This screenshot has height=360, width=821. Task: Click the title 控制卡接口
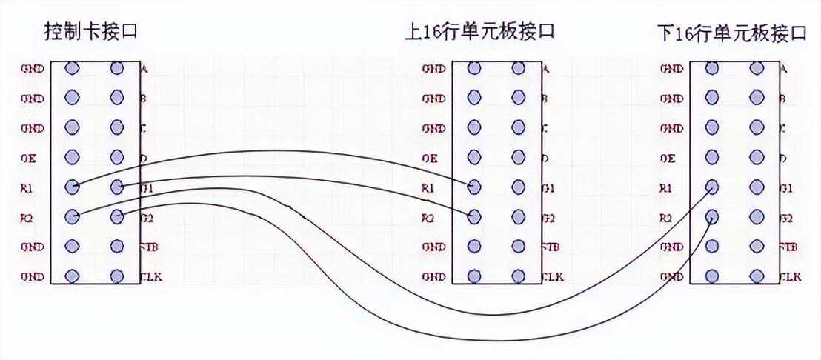click(91, 32)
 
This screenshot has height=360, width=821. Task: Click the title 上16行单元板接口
click(479, 32)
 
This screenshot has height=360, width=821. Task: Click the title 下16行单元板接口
click(731, 33)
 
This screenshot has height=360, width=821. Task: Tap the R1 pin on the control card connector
click(72, 187)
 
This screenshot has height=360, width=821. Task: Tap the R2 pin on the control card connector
click(72, 217)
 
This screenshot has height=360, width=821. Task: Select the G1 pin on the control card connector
click(116, 187)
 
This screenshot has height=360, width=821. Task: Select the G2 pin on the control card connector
click(116, 217)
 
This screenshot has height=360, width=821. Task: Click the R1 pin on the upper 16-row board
click(474, 187)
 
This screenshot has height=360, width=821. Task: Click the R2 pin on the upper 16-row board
click(474, 217)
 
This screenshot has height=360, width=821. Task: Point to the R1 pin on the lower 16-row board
click(712, 187)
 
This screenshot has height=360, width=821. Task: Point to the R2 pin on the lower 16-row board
click(712, 217)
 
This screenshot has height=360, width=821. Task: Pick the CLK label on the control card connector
click(151, 277)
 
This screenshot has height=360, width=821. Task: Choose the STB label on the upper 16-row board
click(552, 247)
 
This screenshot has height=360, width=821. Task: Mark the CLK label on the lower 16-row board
click(790, 277)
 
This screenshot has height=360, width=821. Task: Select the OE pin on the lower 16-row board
click(712, 158)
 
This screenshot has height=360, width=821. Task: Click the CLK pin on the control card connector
click(116, 276)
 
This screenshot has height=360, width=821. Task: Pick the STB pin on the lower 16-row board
click(757, 247)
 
